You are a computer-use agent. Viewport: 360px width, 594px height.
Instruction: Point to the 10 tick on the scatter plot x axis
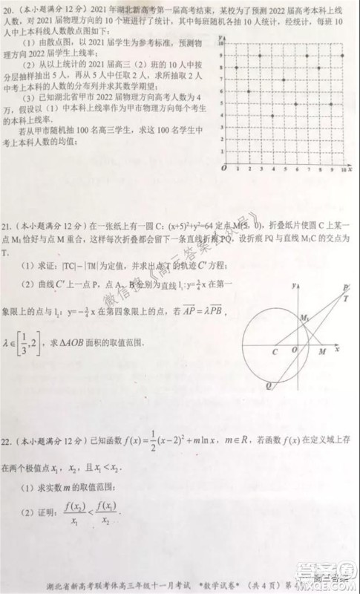tap(342, 170)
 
